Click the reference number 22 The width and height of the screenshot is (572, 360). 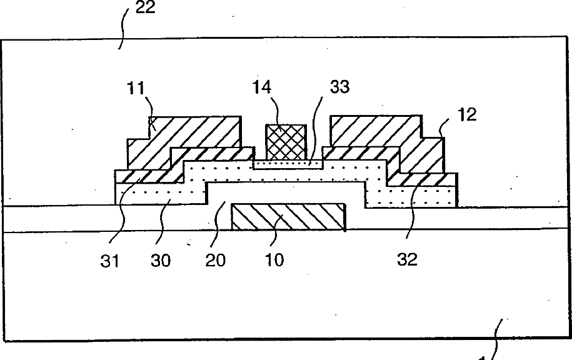(146, 9)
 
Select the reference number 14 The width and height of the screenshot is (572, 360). (263, 86)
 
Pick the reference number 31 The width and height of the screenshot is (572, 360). (109, 259)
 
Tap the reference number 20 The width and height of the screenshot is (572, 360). (217, 259)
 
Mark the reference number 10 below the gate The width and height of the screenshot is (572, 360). (274, 259)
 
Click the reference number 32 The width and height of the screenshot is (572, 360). (406, 259)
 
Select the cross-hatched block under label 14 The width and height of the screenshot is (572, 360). (286, 141)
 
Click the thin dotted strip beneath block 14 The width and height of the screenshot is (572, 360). (288, 164)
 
